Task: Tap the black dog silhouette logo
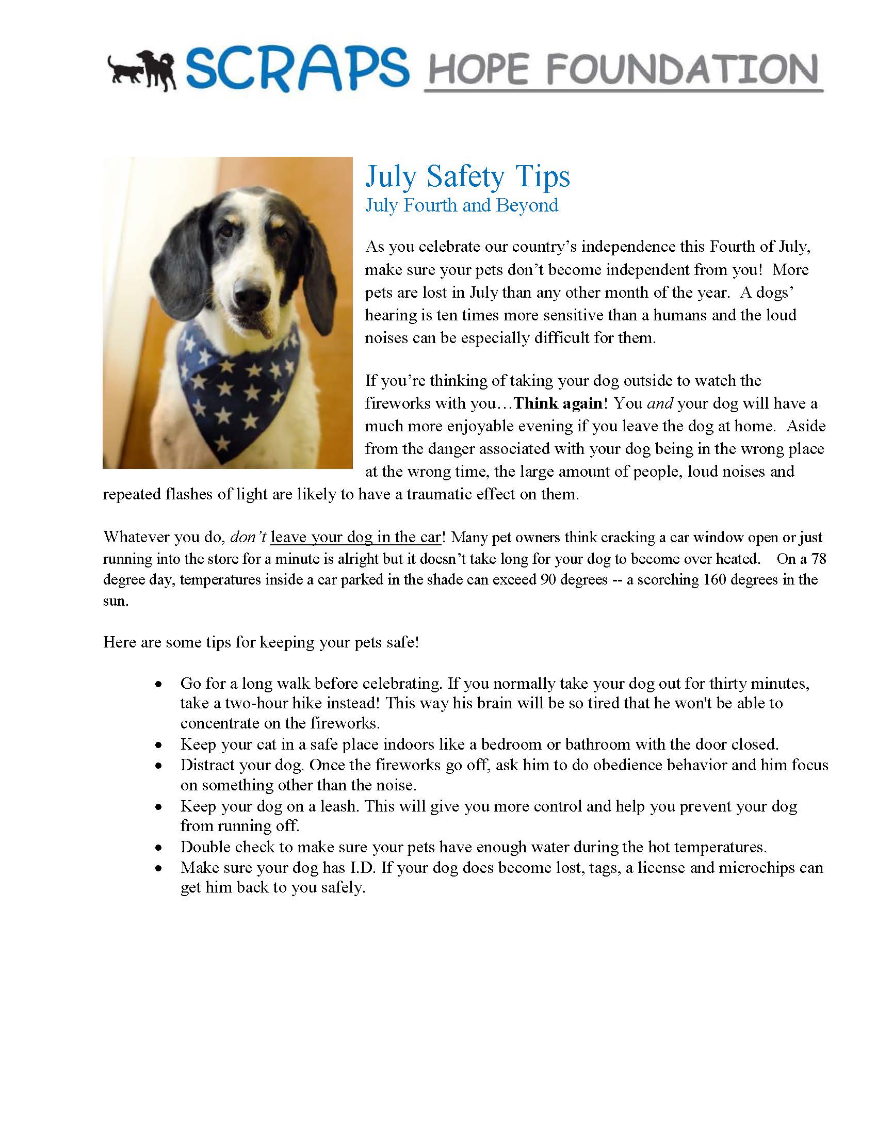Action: coord(141,70)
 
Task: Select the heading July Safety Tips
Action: coord(467,176)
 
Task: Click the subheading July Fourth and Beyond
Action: coord(462,205)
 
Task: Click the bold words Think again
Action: coord(558,403)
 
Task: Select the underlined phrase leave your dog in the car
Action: coord(356,537)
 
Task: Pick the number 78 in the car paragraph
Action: coord(818,559)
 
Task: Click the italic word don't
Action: coord(248,537)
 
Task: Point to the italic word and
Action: coord(660,403)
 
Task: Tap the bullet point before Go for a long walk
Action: coord(159,684)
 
